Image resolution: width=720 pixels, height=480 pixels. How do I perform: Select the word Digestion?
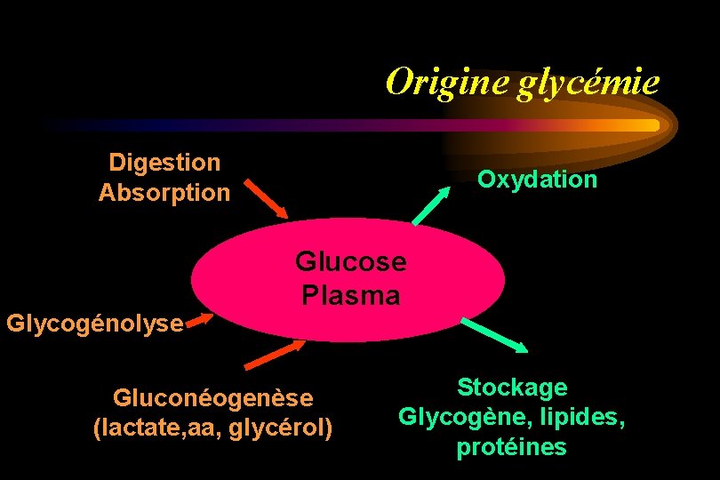[164, 163]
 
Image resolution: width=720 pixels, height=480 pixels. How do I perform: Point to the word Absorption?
[164, 193]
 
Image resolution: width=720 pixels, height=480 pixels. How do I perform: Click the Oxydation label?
[537, 180]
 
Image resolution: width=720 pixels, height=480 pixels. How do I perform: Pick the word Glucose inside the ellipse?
[350, 261]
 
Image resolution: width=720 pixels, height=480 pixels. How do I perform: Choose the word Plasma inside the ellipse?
[350, 295]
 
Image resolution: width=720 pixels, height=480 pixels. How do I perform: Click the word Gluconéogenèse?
[212, 397]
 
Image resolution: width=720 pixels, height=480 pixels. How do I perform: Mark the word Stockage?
[512, 387]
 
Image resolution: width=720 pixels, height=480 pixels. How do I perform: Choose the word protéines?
[511, 447]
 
